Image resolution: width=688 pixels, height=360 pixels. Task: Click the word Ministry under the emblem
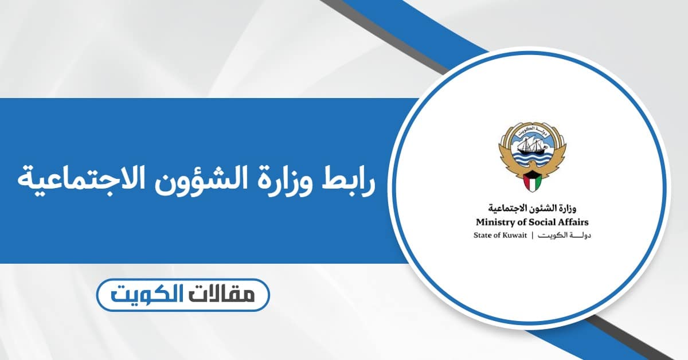(494, 222)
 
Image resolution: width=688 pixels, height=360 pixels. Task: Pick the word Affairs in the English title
(572, 222)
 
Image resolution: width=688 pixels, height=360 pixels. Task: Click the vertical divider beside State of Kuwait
(533, 236)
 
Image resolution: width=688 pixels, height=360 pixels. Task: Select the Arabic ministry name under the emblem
(533, 209)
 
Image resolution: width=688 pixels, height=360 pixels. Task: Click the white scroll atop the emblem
(531, 128)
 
